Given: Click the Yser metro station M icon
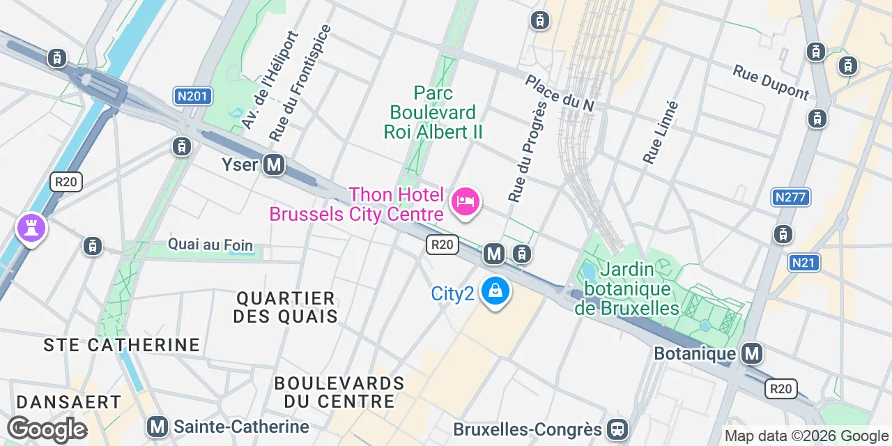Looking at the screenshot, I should pos(275,165).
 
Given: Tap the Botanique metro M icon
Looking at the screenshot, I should pos(752,353).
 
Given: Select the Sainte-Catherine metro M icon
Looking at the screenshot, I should pos(158,426).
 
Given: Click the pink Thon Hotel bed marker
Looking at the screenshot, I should pos(465,202).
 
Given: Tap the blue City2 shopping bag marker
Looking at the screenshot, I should pos(495,291).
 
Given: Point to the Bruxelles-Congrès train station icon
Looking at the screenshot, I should pos(617,429).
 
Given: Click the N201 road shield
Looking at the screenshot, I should pos(192,95).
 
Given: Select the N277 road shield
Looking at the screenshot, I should pos(791,197).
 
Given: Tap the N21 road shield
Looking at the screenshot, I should pos(805,263).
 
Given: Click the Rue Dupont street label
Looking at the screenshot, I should pos(771,82).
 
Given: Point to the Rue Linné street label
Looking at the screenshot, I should pos(660,132).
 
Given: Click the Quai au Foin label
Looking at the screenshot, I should pos(210,245).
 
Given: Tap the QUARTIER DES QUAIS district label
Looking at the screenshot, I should pos(286,307).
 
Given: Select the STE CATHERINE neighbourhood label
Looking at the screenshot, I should pos(122,345).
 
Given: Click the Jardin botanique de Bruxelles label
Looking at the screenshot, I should pos(626,289).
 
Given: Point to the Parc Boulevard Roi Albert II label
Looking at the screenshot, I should pos(433,112).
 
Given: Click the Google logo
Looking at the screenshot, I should pos(47,429).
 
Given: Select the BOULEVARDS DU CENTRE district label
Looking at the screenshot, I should pos(339,392).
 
